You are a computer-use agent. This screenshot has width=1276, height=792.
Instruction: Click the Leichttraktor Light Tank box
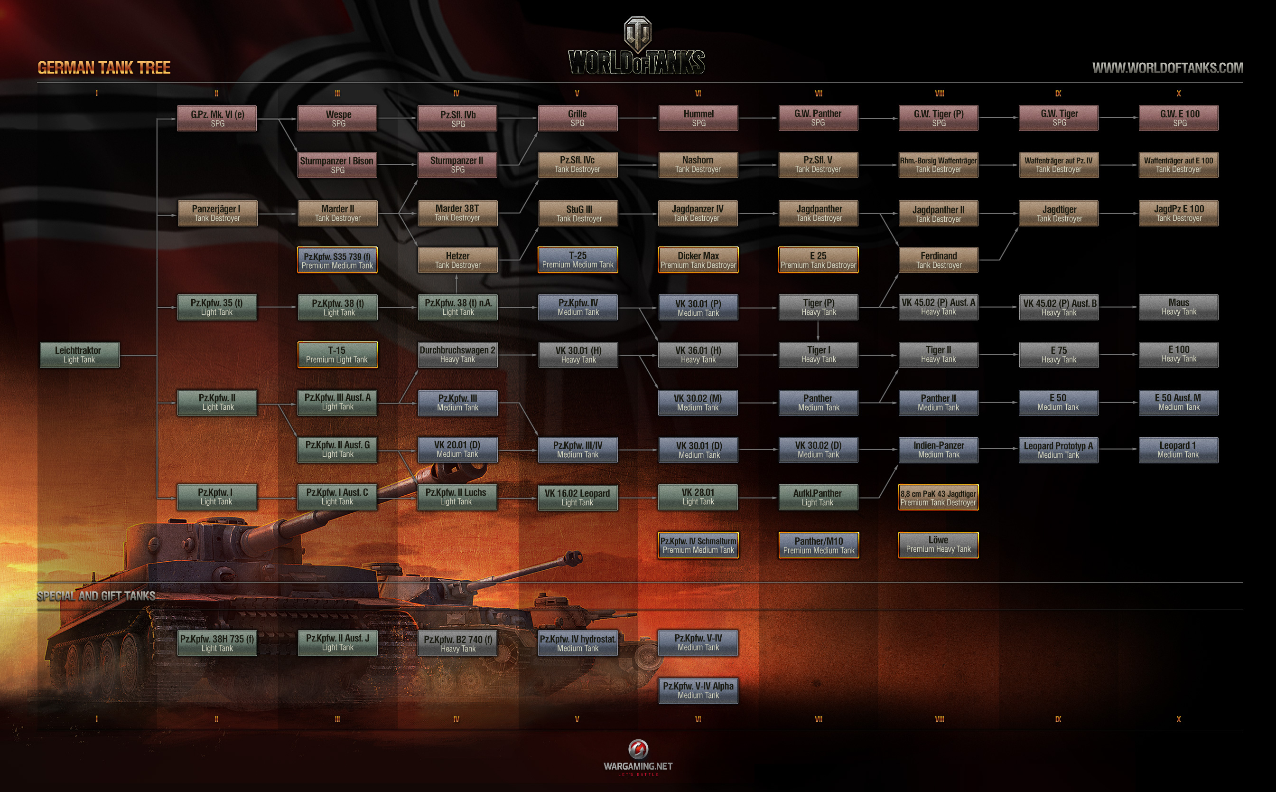click(80, 355)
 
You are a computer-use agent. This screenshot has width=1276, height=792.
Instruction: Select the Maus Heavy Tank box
click(1178, 307)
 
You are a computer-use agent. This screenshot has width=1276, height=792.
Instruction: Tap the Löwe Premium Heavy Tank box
click(938, 545)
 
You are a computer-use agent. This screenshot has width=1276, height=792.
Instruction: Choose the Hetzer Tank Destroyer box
click(457, 260)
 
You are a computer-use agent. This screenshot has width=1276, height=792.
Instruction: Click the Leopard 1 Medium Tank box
click(1178, 450)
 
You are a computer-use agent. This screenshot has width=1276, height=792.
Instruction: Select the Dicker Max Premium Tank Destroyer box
click(698, 260)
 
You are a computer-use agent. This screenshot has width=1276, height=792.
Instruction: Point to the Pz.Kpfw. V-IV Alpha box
click(698, 690)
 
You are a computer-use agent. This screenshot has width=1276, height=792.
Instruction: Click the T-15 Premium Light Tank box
click(337, 355)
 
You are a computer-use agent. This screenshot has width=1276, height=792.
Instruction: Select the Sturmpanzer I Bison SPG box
click(337, 165)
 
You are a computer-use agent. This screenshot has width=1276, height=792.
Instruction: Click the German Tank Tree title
click(103, 67)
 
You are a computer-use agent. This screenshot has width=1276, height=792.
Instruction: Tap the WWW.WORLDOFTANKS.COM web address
click(1167, 67)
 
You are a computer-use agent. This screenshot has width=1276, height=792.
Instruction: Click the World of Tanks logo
click(637, 47)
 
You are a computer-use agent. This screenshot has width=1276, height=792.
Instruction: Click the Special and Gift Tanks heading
click(96, 596)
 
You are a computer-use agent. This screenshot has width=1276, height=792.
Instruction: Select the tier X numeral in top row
click(1178, 93)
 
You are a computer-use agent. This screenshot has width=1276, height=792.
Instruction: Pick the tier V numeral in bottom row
click(577, 719)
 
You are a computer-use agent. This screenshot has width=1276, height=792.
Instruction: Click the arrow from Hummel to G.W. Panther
click(758, 118)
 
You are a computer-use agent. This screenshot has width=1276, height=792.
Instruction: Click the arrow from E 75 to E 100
click(1118, 355)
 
